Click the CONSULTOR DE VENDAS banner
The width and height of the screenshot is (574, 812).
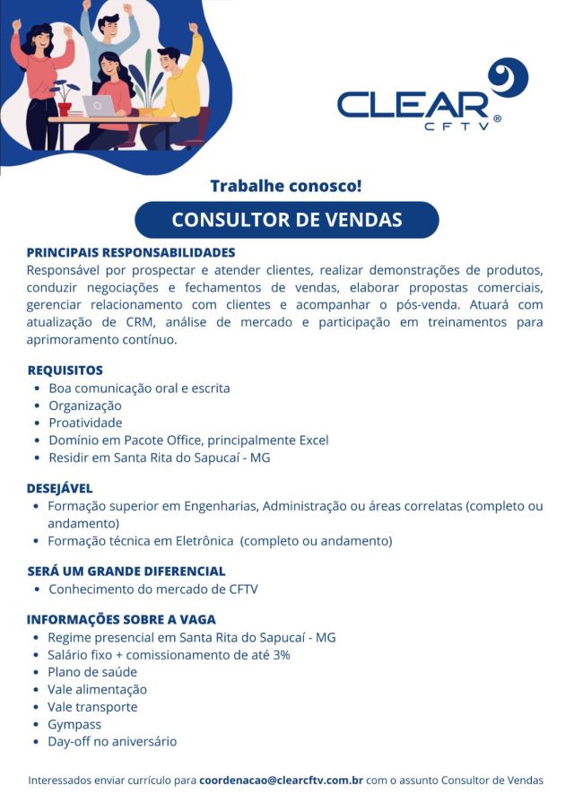[x=286, y=220]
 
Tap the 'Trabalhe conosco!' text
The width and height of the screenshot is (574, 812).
[x=286, y=187]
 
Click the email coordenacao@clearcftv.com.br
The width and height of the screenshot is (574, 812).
[x=281, y=781]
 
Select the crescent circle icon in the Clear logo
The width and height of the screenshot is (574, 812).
[x=508, y=78]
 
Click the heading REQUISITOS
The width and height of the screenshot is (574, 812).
[x=65, y=370]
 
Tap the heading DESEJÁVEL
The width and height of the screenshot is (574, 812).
[x=59, y=488]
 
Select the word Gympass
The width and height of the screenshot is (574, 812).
[x=74, y=724]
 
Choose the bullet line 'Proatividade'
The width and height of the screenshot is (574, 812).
[x=85, y=423]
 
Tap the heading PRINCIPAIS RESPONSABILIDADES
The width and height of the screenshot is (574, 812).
[x=130, y=252]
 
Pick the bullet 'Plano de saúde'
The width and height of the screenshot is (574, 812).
[x=92, y=672]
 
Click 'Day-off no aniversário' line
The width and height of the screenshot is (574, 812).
[x=112, y=741]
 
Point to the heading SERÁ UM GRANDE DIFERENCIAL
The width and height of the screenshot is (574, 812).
[x=126, y=571]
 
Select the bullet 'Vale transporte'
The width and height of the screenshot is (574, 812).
[x=92, y=707]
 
